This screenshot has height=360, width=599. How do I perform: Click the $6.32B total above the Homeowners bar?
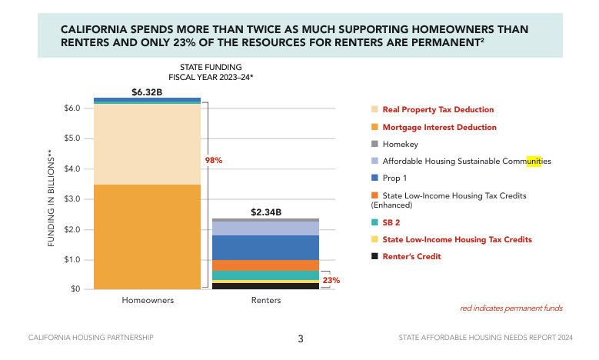coord(147,92)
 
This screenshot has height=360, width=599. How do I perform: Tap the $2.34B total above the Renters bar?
coord(266,212)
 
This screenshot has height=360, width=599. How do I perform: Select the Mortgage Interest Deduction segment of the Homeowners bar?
coord(147,236)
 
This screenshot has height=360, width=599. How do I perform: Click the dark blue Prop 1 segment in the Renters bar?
coord(266,247)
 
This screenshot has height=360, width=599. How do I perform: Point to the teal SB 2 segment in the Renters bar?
coord(266,275)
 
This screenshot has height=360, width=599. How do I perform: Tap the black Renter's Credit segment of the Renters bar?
coord(266,286)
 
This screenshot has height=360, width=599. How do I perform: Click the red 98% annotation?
coord(213,161)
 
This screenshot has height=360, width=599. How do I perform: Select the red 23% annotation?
coord(331,280)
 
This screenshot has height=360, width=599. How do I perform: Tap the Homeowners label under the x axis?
coord(148,300)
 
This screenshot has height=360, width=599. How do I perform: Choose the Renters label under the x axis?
coord(266,300)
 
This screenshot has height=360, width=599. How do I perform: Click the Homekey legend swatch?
coord(374,144)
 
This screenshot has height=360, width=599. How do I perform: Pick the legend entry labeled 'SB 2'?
coord(392,222)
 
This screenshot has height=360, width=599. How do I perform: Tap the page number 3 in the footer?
coord(301,338)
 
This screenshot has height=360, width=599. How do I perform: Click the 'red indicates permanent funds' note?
coord(511,308)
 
